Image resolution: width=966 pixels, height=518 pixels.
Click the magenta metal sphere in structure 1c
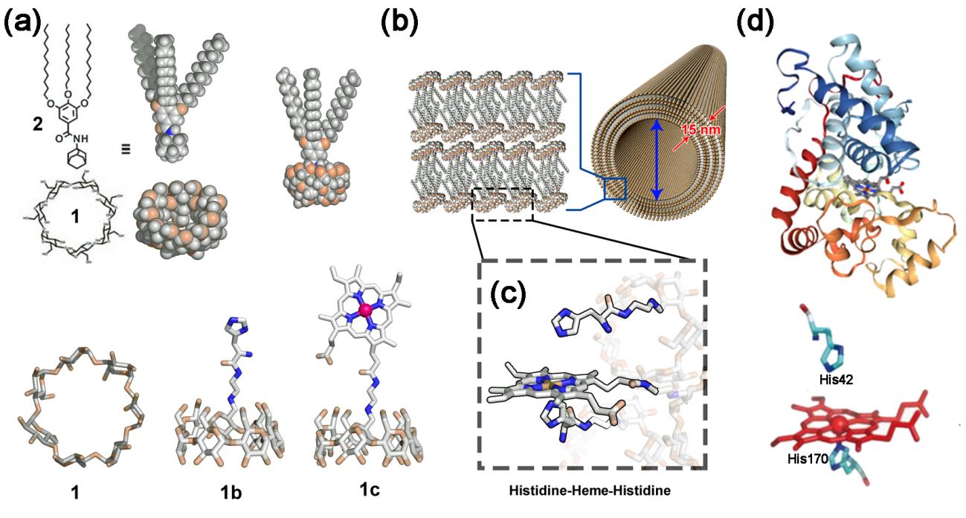(x=364, y=308)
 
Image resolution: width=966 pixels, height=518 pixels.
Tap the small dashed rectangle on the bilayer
(x=503, y=204)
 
